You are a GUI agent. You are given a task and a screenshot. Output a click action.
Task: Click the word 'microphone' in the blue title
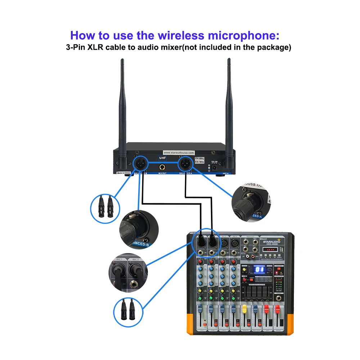[242, 36]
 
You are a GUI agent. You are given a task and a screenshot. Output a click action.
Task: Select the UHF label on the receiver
[163, 157]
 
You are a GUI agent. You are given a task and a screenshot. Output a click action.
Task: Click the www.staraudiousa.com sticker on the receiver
[179, 153]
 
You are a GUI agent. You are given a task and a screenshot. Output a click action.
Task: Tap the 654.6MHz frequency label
[199, 158]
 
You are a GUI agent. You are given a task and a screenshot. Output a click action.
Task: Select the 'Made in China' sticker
[123, 173]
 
